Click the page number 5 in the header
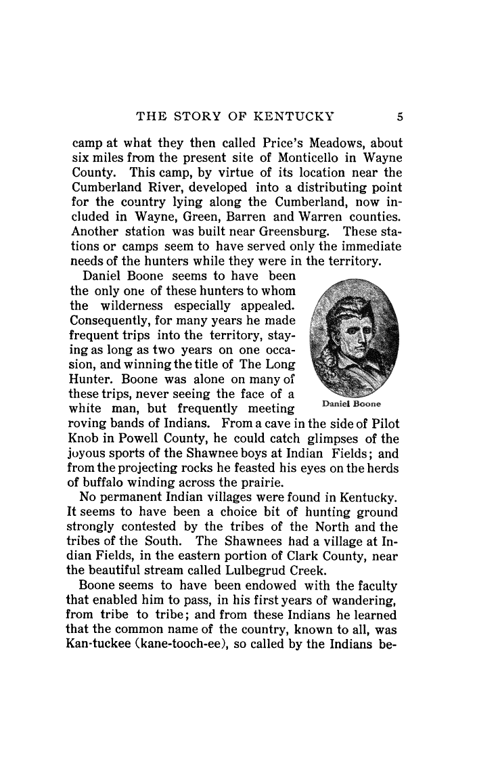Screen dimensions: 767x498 point(400,116)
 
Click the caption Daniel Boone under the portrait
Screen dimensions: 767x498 point(351,404)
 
